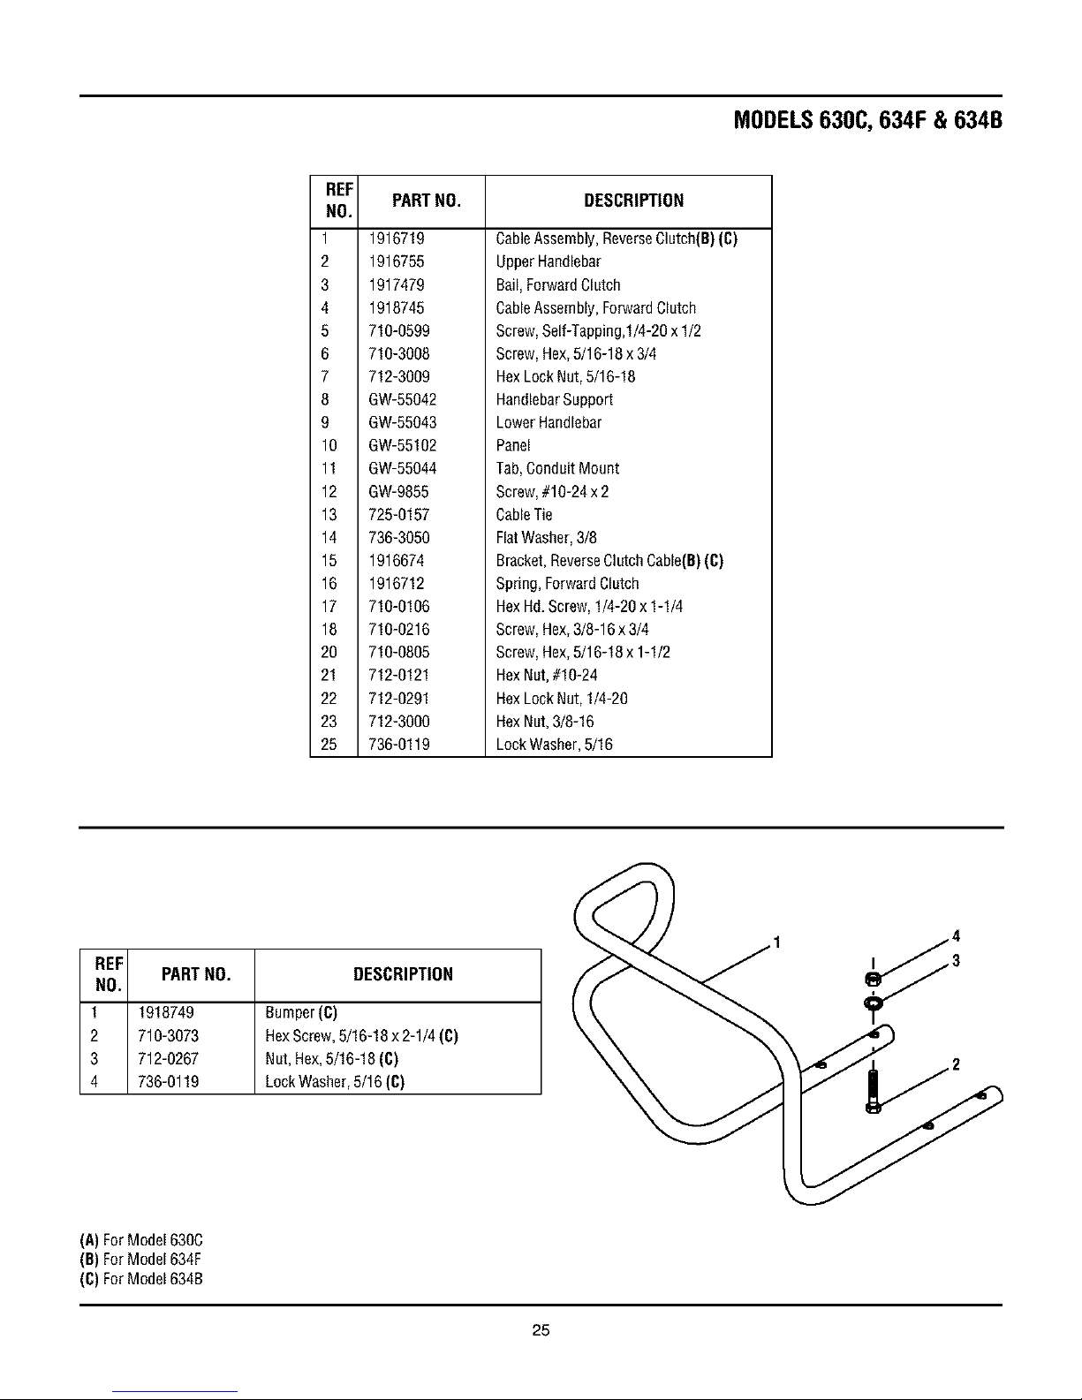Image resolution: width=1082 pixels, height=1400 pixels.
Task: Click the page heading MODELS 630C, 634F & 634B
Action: pyautogui.click(x=868, y=120)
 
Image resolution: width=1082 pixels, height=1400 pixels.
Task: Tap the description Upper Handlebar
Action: pyautogui.click(x=549, y=261)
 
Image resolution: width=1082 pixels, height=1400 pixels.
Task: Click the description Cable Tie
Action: pyautogui.click(x=525, y=514)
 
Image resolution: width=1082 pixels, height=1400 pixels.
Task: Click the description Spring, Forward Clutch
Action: pyautogui.click(x=568, y=583)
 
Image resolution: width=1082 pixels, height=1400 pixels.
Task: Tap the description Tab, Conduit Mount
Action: pyautogui.click(x=557, y=468)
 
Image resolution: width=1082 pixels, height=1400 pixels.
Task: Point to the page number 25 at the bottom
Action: pyautogui.click(x=541, y=1330)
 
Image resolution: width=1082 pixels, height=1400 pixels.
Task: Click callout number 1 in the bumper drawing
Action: pyautogui.click(x=776, y=940)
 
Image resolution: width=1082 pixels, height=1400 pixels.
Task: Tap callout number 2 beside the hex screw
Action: pyautogui.click(x=955, y=1063)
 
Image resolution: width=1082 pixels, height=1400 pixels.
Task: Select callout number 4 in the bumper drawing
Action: pyautogui.click(x=957, y=936)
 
